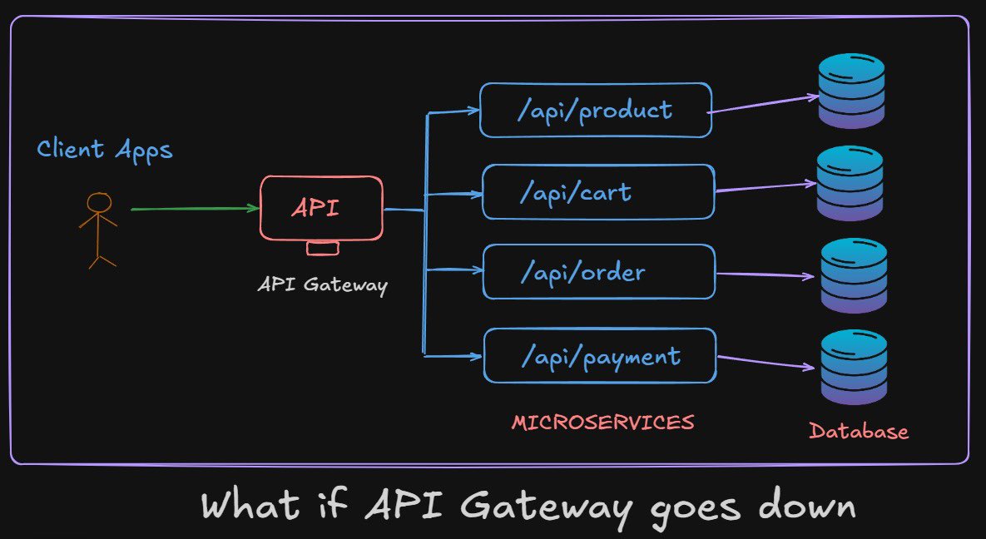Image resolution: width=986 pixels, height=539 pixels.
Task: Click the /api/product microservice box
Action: [x=595, y=110]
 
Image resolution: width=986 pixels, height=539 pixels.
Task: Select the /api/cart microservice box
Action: [x=597, y=192]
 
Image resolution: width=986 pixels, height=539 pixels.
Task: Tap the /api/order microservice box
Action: [x=598, y=272]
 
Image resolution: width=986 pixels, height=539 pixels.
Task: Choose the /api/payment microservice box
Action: [x=599, y=356]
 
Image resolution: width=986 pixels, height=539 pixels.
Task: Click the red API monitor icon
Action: [x=321, y=209]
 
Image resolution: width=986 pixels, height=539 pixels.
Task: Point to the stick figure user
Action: [x=98, y=230]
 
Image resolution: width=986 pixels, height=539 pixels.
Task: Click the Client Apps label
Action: [x=105, y=150]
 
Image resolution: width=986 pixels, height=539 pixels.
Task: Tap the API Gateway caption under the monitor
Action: [x=323, y=284]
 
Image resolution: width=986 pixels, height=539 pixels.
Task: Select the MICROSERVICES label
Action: [x=602, y=423]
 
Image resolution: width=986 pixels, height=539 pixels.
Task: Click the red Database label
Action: [x=859, y=431]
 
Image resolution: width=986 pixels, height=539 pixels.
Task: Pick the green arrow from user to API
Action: [x=195, y=209]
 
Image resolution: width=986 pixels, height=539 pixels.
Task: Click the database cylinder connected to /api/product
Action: [x=851, y=91]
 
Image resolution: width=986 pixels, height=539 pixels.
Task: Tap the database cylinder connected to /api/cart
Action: [x=849, y=183]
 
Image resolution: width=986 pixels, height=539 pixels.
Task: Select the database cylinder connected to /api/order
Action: [x=854, y=276]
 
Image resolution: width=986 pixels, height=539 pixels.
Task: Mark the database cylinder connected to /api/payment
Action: [x=854, y=368]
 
